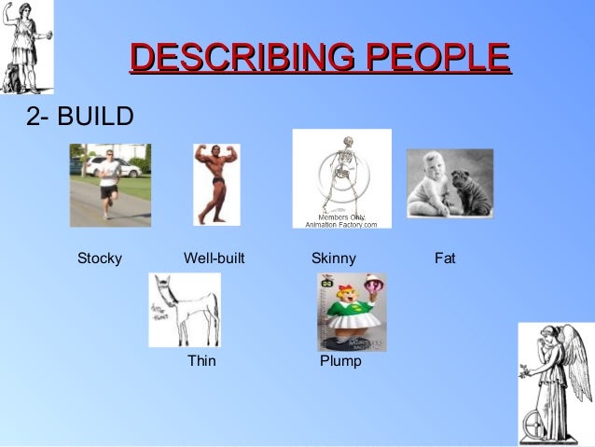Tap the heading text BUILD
click(97, 117)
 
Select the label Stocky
click(100, 258)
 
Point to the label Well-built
click(214, 258)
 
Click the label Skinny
click(333, 258)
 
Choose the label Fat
click(445, 258)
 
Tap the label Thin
click(201, 360)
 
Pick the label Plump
click(340, 360)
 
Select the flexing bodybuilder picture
click(215, 183)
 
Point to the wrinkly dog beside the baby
click(471, 191)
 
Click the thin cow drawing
click(187, 308)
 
